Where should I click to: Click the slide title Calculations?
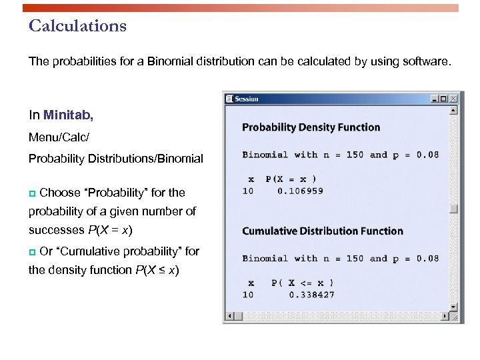[x=77, y=26]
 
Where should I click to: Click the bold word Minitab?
[x=68, y=115]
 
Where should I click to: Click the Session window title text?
[x=247, y=99]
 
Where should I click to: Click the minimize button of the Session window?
[x=435, y=99]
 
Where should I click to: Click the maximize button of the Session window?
[x=444, y=99]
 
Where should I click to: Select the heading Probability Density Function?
[x=311, y=127]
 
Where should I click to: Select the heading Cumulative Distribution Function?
[x=322, y=231]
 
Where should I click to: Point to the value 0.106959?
[x=301, y=191]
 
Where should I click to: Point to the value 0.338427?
[x=312, y=295]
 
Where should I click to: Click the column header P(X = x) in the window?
[x=291, y=179]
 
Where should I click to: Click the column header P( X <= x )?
[x=303, y=283]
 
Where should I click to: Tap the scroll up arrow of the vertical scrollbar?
[x=454, y=109]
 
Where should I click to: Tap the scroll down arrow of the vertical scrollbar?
[x=454, y=307]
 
